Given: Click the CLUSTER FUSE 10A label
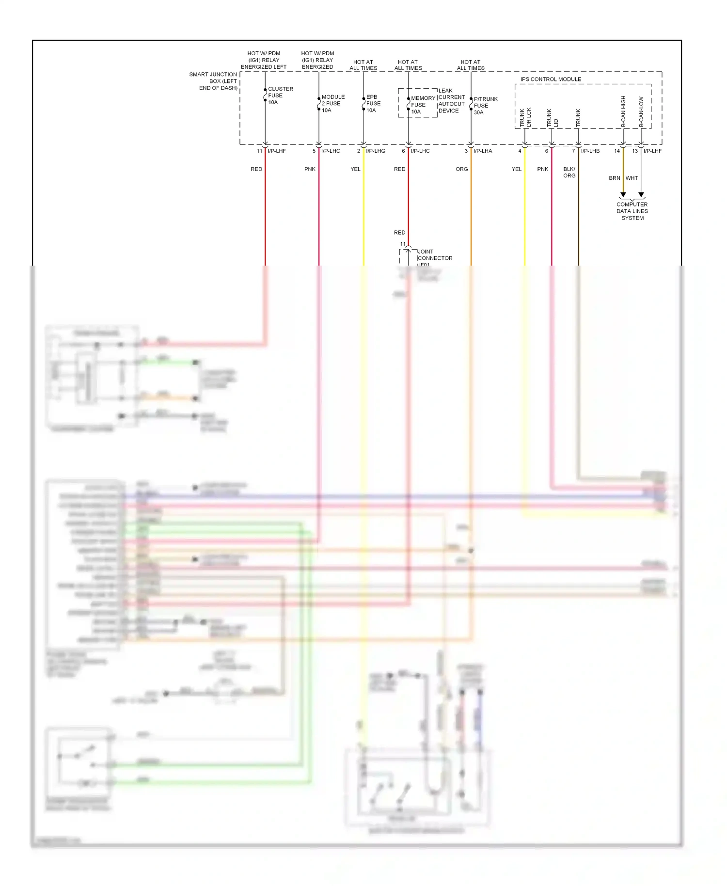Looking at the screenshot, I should [x=280, y=95].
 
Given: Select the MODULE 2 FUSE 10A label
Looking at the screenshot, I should [x=332, y=104].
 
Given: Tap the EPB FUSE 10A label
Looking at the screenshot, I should [x=373, y=104].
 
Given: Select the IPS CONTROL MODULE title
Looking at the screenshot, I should [x=551, y=79].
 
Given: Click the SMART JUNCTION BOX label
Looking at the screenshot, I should [x=214, y=81].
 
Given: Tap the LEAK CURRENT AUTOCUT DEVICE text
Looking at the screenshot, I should [x=451, y=101].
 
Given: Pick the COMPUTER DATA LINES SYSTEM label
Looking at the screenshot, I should [x=632, y=211].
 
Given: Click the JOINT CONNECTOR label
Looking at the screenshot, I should [x=434, y=255].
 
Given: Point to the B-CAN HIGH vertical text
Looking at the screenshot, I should [x=624, y=111].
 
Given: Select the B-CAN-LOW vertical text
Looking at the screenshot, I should [x=641, y=112].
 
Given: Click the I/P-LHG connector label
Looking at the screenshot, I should [x=376, y=151].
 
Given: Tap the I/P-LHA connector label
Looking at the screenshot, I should [x=483, y=151].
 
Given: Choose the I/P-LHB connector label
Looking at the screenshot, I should [x=590, y=151].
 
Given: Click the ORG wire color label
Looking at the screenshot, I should [x=462, y=169].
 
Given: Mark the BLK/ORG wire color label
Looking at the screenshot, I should [x=569, y=173].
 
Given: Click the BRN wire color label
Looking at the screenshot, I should [x=614, y=178].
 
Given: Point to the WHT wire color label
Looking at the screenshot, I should [x=632, y=178].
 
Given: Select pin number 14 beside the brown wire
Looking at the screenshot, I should [x=617, y=151].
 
